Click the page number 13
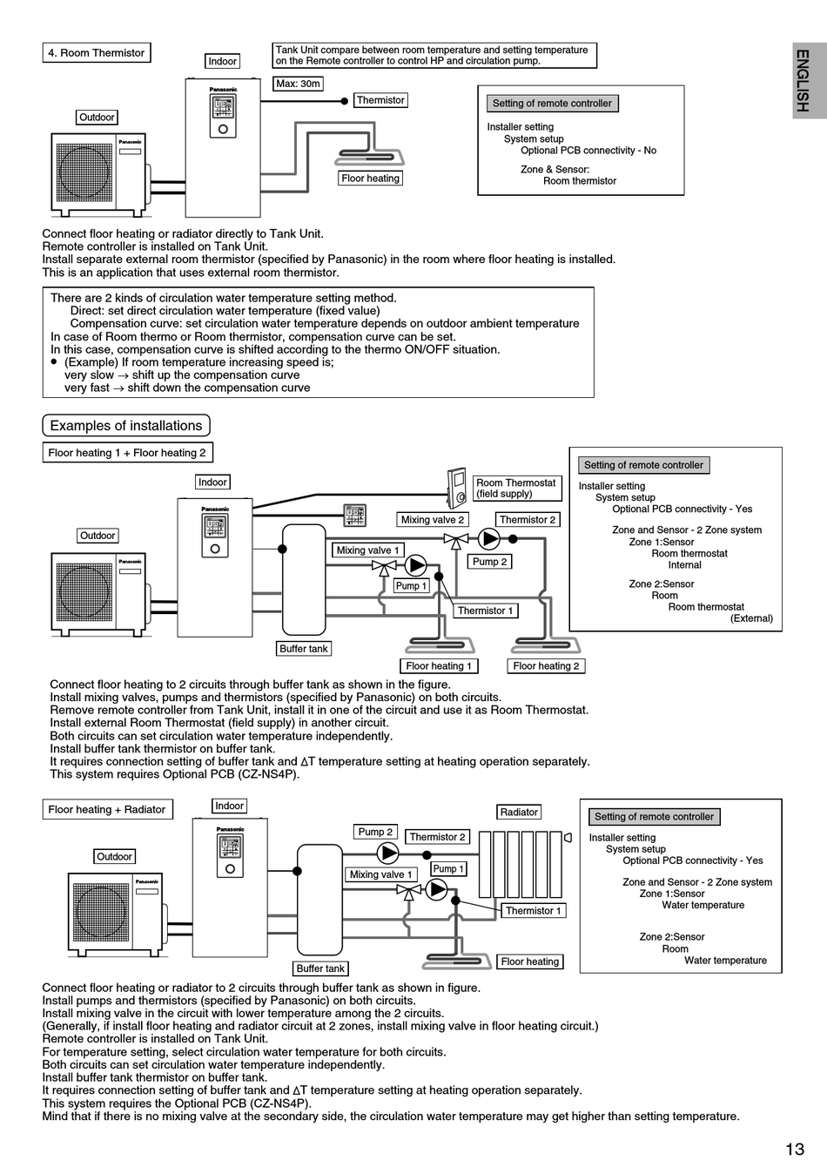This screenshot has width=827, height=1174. pos(795,1149)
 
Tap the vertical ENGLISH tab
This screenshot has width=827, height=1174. pos(810,81)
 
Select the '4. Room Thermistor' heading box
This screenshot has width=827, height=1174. pos(97,53)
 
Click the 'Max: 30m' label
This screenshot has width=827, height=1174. pos(298,84)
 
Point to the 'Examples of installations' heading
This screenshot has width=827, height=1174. pos(125,426)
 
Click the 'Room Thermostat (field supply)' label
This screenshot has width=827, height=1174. pos(516,489)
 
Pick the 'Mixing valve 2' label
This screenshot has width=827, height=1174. pos(432,520)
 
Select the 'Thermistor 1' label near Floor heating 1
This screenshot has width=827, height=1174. pos(486,611)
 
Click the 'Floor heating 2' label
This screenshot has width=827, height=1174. pos(546,666)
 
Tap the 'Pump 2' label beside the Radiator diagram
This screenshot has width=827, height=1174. pos(375,832)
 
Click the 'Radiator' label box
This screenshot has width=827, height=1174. pos(519,812)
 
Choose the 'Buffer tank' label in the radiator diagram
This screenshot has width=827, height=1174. pos(320,968)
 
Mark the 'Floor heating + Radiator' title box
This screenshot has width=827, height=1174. pos(107,809)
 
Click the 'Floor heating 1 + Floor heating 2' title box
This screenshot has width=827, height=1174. pos(127,453)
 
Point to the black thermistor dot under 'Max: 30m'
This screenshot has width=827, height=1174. pos(344,101)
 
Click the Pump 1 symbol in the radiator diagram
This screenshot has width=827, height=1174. pos(436,889)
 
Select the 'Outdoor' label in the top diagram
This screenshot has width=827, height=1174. pos(97,118)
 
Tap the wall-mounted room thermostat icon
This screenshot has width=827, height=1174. pos(457,487)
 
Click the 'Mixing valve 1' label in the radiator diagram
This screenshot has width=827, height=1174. pos(380,874)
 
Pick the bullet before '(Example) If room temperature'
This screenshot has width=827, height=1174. pos(53,361)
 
